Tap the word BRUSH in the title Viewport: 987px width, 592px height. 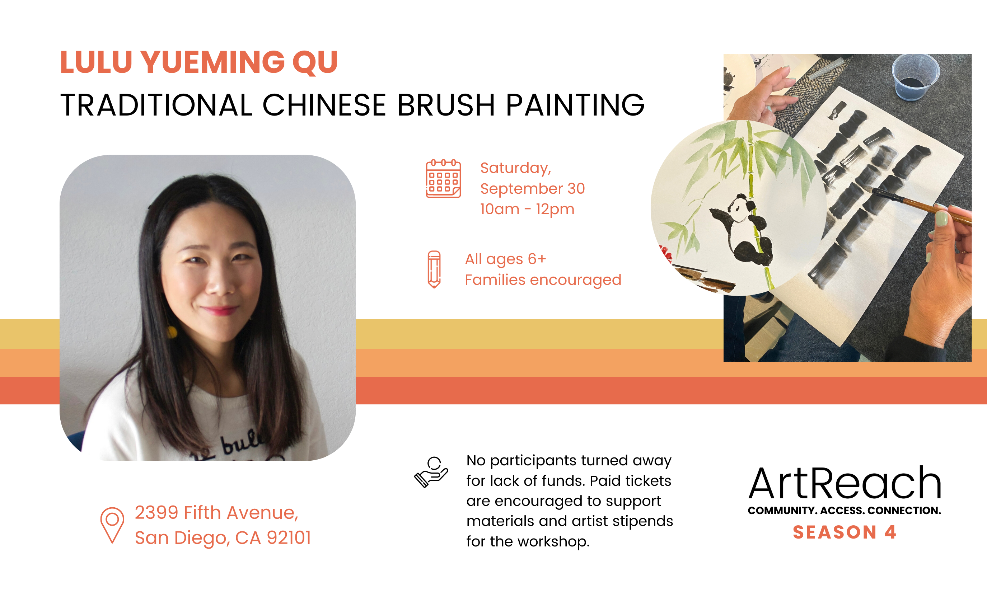(446, 105)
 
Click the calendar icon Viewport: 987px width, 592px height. (443, 178)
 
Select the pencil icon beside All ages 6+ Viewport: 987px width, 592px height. (434, 269)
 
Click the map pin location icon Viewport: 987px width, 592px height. (112, 525)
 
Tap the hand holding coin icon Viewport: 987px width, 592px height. (431, 472)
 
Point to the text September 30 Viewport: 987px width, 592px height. (533, 189)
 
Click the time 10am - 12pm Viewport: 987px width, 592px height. (527, 210)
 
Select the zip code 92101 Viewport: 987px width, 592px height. (289, 538)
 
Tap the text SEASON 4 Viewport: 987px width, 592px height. (845, 532)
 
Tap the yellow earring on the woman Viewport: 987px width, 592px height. (172, 332)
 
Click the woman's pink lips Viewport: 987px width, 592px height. (220, 310)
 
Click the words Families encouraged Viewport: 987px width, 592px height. (543, 280)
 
